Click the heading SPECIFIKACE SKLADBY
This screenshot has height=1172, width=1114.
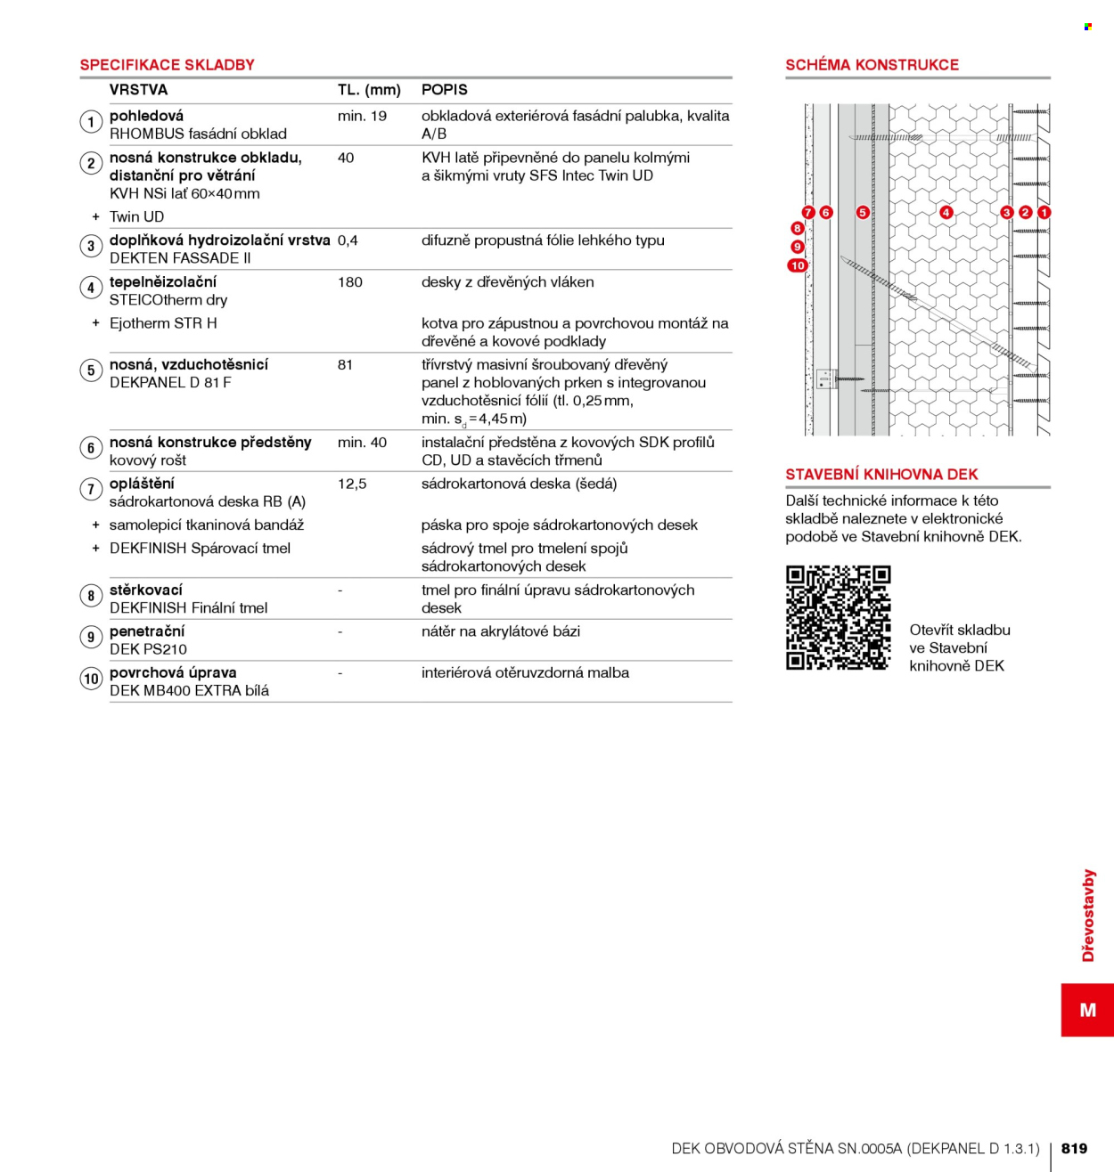167,65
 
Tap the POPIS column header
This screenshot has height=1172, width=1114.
445,90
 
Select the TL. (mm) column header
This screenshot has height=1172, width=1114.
369,90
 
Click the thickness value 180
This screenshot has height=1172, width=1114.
350,282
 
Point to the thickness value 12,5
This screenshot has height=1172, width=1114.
352,484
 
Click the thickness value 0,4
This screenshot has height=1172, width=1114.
348,240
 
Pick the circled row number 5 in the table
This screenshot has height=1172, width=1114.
91,370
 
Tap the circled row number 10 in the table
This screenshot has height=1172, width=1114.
91,679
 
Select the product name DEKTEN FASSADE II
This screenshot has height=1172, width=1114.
180,258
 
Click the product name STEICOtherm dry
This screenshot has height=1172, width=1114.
168,300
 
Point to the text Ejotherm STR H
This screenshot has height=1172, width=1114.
163,323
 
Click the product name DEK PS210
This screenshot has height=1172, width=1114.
148,649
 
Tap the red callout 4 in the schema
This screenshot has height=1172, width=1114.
946,212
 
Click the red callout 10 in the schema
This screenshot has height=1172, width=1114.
797,265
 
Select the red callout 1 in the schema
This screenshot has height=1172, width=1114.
1044,212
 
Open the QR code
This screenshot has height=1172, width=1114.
839,617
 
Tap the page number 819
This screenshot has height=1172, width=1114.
1075,1148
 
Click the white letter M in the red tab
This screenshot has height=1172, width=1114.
1088,1010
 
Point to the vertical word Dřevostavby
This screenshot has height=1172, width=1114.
1088,915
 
